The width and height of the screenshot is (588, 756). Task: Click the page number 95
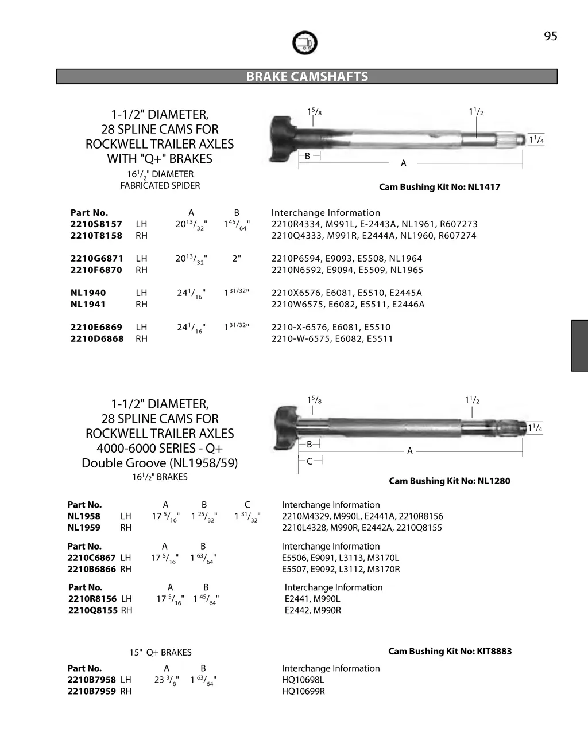550,36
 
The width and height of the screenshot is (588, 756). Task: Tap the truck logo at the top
304,43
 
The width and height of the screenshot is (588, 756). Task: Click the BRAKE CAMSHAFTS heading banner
307,77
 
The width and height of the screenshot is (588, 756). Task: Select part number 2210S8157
96,224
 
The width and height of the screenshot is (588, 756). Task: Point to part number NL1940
88,293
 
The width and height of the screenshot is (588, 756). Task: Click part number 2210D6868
96,339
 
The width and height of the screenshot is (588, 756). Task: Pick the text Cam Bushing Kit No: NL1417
439,187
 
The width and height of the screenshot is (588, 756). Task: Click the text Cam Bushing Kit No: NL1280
449,481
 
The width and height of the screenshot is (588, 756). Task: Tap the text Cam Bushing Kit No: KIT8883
450,652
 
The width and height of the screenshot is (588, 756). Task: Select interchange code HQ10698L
303,680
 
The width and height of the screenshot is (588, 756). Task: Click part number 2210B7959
91,692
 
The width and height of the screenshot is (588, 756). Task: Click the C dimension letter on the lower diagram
310,462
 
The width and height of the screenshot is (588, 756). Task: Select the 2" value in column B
236,259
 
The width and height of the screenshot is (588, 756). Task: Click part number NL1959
84,528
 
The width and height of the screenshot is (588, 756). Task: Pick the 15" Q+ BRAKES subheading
160,653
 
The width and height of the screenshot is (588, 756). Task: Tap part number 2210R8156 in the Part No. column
92,599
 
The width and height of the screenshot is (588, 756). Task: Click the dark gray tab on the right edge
579,346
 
